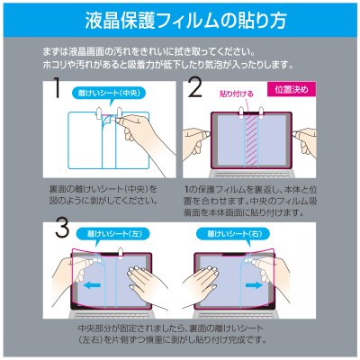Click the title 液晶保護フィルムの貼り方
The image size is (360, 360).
coord(180,20)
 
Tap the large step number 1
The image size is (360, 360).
coord(57,89)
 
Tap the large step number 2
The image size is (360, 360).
coord(194,88)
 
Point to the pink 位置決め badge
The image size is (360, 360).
coord(290,89)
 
